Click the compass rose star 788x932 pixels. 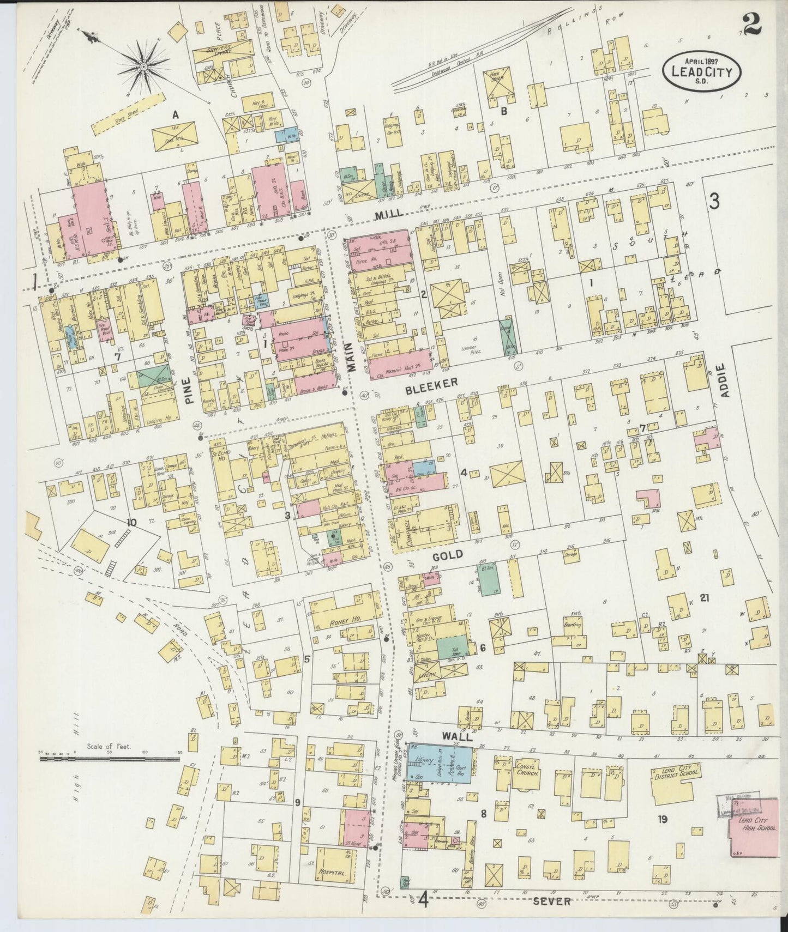143,67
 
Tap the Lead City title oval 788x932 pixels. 701,71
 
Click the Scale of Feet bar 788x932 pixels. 109,758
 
